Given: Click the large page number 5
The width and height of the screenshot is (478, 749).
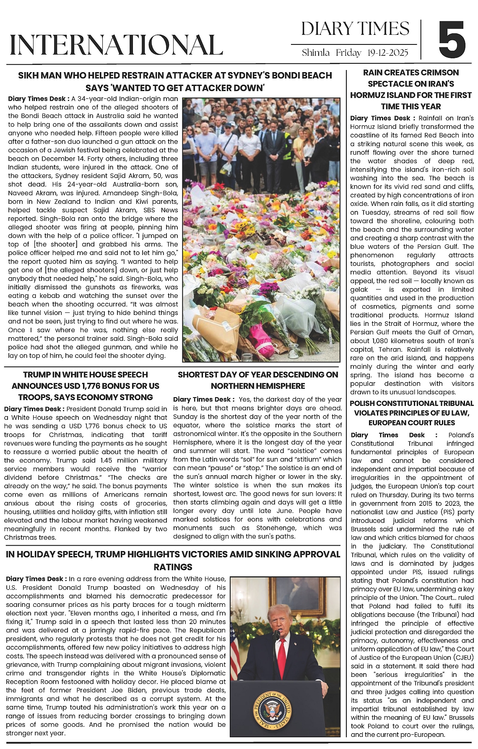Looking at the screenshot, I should [452, 40].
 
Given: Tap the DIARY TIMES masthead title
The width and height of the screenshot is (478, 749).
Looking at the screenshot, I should [355, 29].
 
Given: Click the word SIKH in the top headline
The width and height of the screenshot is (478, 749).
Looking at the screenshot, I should [28, 75].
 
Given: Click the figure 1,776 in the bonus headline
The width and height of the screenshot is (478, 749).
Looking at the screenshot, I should [107, 386].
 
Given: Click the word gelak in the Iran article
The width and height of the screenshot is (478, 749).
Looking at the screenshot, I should [359, 289].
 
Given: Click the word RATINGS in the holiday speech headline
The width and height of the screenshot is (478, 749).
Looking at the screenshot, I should [173, 567].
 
